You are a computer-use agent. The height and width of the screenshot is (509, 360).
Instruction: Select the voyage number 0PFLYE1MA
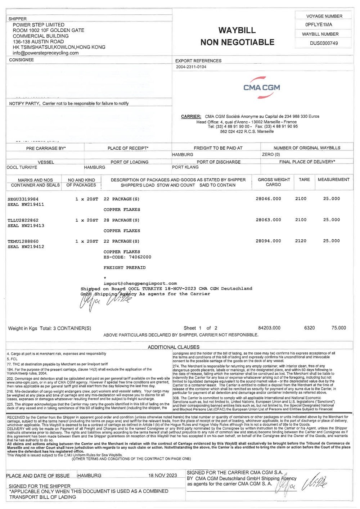pyautogui.click(x=319, y=25)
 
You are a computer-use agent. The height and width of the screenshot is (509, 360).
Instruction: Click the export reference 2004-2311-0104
pyautogui.click(x=191, y=67)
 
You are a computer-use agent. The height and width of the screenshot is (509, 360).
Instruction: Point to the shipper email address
pyautogui.click(x=45, y=53)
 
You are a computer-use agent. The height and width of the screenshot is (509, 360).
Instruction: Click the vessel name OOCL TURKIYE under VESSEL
pyautogui.click(x=22, y=167)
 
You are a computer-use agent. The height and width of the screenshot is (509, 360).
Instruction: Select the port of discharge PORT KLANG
pyautogui.click(x=185, y=167)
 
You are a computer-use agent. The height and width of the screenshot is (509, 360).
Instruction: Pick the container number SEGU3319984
pyautogui.click(x=23, y=199)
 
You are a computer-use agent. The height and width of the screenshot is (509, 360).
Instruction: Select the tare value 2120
pyautogui.click(x=301, y=241)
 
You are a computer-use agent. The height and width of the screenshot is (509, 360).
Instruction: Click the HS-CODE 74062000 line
pyautogui.click(x=127, y=257)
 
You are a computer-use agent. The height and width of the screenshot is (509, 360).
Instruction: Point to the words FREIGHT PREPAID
pyautogui.click(x=124, y=268)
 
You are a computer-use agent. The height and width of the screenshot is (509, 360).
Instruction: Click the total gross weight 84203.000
pyautogui.click(x=269, y=328)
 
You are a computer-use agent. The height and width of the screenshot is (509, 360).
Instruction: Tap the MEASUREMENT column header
pyautogui.click(x=333, y=180)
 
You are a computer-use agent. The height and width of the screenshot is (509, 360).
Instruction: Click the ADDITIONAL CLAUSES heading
pyautogui.click(x=174, y=347)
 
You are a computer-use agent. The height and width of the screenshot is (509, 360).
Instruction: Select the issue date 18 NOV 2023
pyautogui.click(x=163, y=476)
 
